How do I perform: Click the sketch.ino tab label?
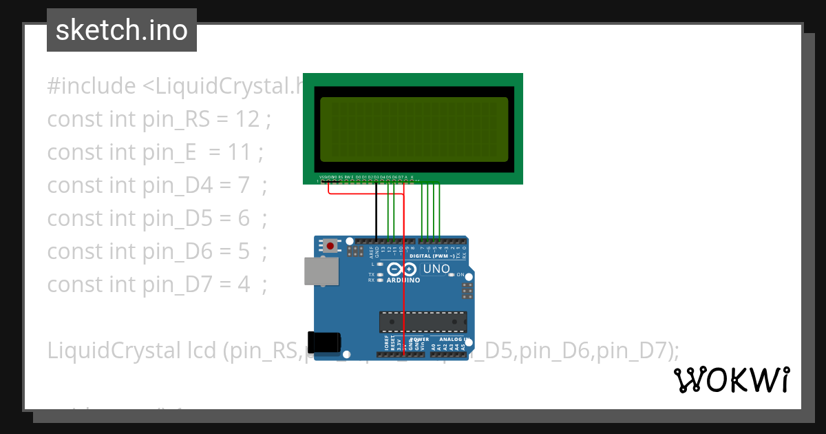(121, 30)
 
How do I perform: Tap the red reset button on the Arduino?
(331, 246)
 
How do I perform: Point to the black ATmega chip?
(423, 322)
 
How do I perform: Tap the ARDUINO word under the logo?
(403, 280)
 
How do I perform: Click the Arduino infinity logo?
(402, 269)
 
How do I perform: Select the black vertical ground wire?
(376, 214)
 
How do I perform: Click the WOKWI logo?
(732, 380)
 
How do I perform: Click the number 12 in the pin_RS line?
(248, 119)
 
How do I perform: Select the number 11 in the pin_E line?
(240, 152)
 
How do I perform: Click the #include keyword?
(91, 86)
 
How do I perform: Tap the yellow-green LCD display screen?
(414, 128)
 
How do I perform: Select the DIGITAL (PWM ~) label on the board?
(431, 256)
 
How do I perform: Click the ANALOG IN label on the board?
(452, 340)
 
